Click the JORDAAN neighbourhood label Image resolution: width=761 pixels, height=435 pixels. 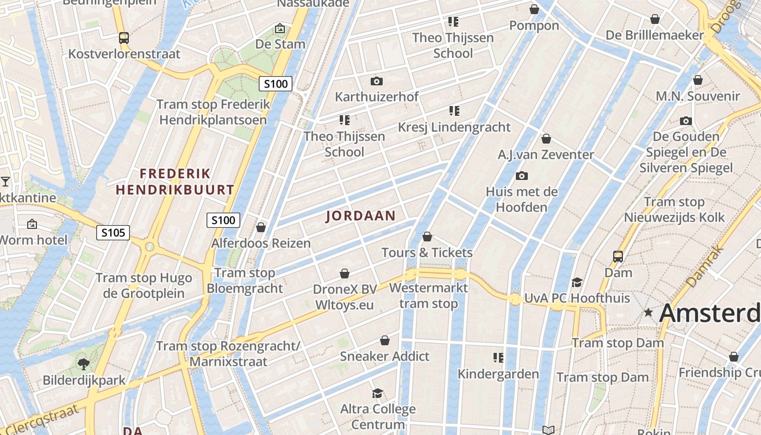click(x=361, y=216)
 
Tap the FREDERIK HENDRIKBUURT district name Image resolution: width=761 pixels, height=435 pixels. click(x=175, y=182)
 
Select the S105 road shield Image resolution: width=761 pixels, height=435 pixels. click(x=113, y=233)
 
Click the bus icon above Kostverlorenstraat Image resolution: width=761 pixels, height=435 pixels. click(x=124, y=38)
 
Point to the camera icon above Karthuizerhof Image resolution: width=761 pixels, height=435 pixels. click(x=376, y=81)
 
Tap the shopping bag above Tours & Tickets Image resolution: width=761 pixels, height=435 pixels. click(x=427, y=237)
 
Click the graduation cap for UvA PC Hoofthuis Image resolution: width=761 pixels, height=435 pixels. click(x=577, y=282)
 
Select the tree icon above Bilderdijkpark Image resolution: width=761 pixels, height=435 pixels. click(x=84, y=364)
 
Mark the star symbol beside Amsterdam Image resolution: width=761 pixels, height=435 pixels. click(x=648, y=313)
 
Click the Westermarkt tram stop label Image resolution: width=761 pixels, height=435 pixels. click(x=428, y=295)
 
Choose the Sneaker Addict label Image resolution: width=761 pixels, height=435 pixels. click(x=385, y=357)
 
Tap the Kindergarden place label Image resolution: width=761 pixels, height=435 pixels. click(x=498, y=374)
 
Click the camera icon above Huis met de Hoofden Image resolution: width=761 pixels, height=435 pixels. click(x=521, y=176)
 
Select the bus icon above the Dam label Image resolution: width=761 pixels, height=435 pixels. click(x=618, y=256)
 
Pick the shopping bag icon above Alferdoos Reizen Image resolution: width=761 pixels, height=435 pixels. click(x=261, y=227)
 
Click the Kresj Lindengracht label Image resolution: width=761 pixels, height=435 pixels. click(x=454, y=127)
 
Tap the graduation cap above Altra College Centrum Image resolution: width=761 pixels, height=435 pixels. click(x=377, y=393)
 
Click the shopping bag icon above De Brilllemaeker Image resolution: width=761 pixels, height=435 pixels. click(x=655, y=19)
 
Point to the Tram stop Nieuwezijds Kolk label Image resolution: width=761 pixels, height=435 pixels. click(x=674, y=210)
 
